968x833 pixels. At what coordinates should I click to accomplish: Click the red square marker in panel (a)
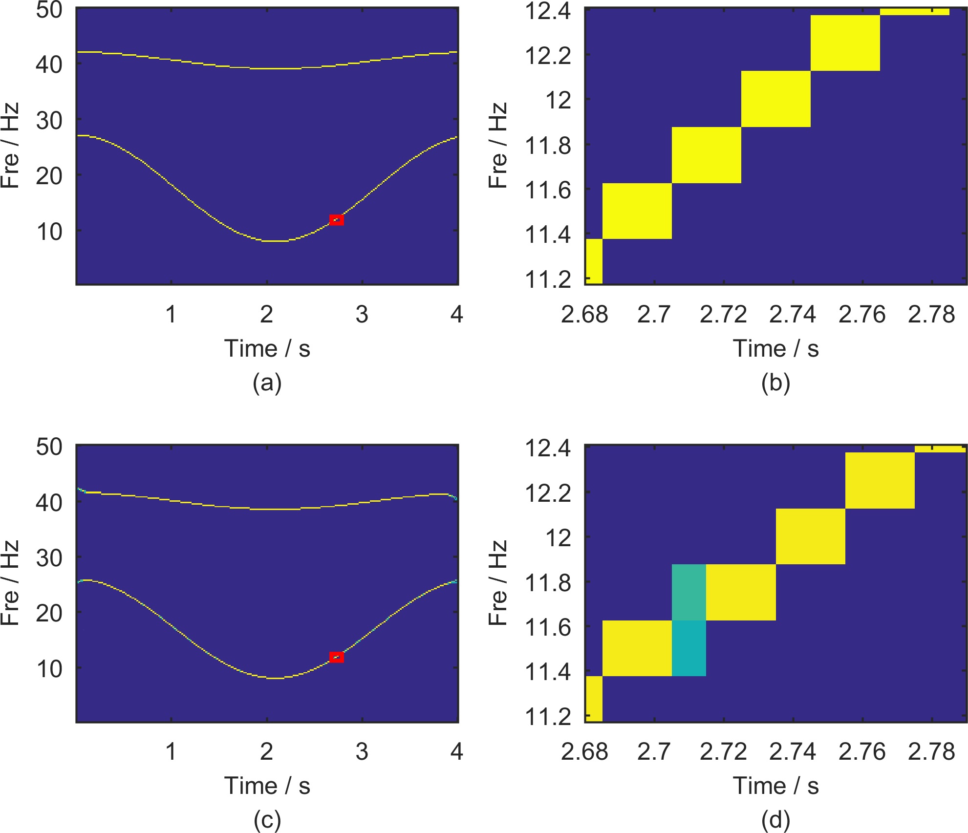(337, 220)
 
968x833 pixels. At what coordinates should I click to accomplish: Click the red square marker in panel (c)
(337, 658)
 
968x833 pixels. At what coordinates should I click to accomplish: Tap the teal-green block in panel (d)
(689, 592)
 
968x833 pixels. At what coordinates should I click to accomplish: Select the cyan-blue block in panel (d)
(689, 648)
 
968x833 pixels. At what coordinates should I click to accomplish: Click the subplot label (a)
(267, 383)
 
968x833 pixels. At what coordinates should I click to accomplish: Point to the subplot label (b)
(776, 383)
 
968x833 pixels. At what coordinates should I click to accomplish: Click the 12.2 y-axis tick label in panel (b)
(547, 56)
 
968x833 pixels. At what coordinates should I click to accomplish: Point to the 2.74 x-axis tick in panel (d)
(793, 752)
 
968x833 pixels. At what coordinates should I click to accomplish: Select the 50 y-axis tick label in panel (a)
(49, 10)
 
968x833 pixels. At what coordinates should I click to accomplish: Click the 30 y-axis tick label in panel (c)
(49, 557)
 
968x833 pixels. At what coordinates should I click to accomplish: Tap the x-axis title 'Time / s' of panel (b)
(776, 349)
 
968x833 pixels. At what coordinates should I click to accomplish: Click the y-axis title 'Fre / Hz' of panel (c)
(11, 583)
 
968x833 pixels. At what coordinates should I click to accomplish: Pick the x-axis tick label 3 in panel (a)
(362, 315)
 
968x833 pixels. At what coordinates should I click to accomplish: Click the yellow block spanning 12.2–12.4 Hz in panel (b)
(845, 43)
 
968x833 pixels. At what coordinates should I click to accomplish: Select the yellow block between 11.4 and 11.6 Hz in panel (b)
(637, 211)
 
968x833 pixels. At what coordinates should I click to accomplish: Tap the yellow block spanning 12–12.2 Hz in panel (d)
(811, 536)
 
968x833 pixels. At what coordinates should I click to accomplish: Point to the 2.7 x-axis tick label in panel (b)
(654, 315)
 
